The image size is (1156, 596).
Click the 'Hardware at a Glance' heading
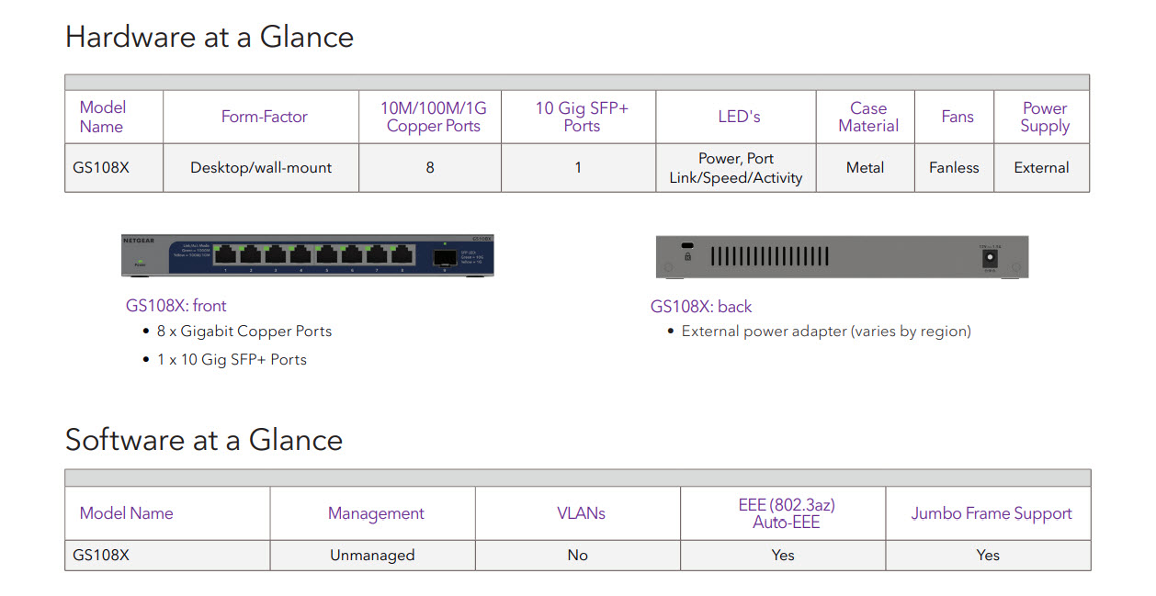tap(209, 37)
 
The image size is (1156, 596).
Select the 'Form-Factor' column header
tap(264, 117)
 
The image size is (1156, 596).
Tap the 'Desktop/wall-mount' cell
tap(261, 168)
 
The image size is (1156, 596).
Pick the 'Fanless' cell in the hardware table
tap(954, 168)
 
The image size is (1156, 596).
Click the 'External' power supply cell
tap(1041, 168)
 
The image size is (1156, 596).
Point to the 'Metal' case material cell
tap(865, 168)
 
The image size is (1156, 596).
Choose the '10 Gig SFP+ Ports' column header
tap(582, 117)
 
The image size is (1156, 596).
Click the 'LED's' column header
tap(739, 117)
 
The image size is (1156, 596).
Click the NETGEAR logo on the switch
tap(139, 241)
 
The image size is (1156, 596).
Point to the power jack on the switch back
tap(991, 259)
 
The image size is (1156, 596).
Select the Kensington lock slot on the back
tap(686, 247)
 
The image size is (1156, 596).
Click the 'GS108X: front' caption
tap(176, 306)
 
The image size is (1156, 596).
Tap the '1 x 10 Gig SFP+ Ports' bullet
tap(231, 359)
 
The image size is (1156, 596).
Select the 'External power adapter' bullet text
tap(825, 332)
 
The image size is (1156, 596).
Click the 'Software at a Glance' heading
tap(203, 440)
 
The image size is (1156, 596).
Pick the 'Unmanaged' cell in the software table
tap(372, 556)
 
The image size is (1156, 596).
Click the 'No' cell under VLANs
tap(577, 556)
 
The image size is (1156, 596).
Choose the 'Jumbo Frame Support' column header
tap(991, 513)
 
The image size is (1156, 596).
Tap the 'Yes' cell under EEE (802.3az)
tap(783, 556)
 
